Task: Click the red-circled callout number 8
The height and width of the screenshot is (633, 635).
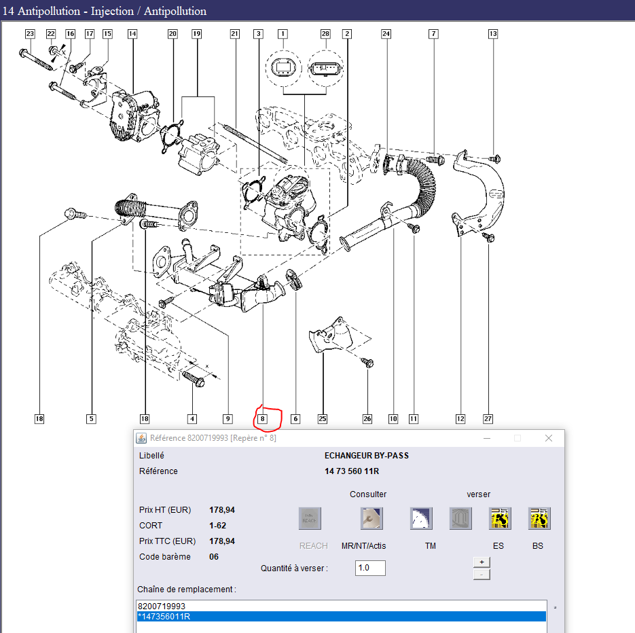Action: click(262, 419)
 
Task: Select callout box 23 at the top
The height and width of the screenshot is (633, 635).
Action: click(30, 33)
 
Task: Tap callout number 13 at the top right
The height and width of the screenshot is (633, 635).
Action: click(493, 33)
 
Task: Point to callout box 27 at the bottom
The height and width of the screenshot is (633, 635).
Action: click(488, 419)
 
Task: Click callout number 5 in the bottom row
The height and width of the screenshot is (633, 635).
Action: click(91, 419)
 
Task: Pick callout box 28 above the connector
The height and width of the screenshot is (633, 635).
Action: click(325, 33)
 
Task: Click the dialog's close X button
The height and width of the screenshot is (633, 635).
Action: click(549, 438)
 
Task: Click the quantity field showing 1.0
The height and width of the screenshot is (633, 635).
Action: click(370, 568)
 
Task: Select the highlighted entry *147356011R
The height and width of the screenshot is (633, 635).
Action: click(342, 617)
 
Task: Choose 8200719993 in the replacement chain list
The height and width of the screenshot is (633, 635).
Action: click(162, 607)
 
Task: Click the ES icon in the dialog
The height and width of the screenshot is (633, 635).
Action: click(500, 518)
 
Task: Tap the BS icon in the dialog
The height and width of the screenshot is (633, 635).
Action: click(539, 518)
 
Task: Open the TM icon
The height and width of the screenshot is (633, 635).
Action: click(421, 518)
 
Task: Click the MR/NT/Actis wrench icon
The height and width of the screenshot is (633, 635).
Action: click(371, 518)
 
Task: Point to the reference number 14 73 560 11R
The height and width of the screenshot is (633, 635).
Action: click(352, 471)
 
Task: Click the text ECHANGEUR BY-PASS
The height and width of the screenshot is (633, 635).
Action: click(367, 456)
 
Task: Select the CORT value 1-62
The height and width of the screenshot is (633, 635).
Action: click(217, 525)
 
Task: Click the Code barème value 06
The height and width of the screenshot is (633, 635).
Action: click(214, 557)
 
